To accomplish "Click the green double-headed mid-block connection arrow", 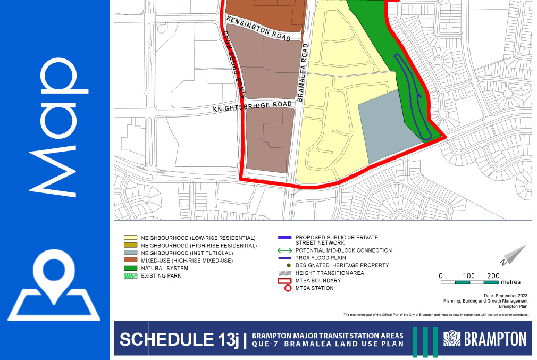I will click(x=285, y=250).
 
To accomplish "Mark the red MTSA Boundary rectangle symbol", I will click(x=285, y=280).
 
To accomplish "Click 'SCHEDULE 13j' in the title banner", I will click(x=179, y=339).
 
